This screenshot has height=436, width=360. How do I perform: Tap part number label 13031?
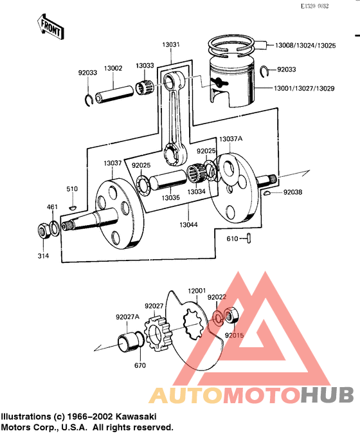pos(171,45)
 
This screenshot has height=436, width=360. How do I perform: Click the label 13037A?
pos(230,139)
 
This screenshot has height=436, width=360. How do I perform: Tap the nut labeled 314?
pos(43,230)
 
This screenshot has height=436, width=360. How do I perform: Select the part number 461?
pos(51,206)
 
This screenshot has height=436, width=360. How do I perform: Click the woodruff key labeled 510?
pos(73,207)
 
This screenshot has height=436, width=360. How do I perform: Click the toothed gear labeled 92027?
pos(157,332)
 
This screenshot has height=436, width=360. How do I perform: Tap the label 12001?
pos(197,291)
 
